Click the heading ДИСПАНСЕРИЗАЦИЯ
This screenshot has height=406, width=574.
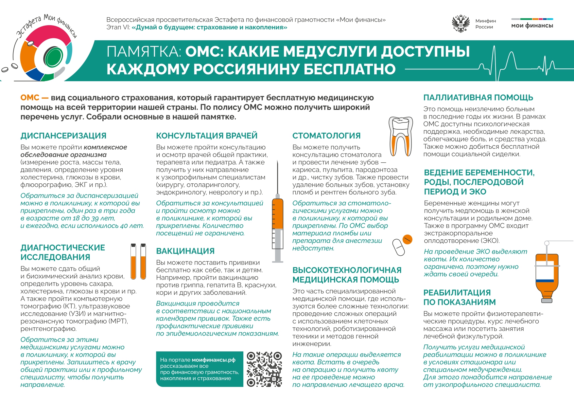point(63,136)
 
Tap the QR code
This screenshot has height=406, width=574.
point(264,369)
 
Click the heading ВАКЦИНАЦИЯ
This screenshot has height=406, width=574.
point(185,251)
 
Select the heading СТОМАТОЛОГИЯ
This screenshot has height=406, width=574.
point(326,136)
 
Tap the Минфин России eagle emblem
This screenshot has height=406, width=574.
point(461,24)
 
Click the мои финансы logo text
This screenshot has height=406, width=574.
point(532,26)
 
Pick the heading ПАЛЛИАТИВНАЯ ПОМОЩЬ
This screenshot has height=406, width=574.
point(478,98)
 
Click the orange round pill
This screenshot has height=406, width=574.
point(407,240)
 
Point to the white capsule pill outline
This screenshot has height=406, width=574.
point(398,248)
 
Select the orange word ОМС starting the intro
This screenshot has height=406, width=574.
point(30,98)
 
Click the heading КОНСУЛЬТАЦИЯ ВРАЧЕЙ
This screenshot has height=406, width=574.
point(207,136)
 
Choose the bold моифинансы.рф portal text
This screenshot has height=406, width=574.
point(214,360)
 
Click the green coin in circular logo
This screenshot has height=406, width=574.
point(53,57)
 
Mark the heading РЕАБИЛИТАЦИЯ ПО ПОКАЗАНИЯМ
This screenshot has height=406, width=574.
point(459,297)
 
